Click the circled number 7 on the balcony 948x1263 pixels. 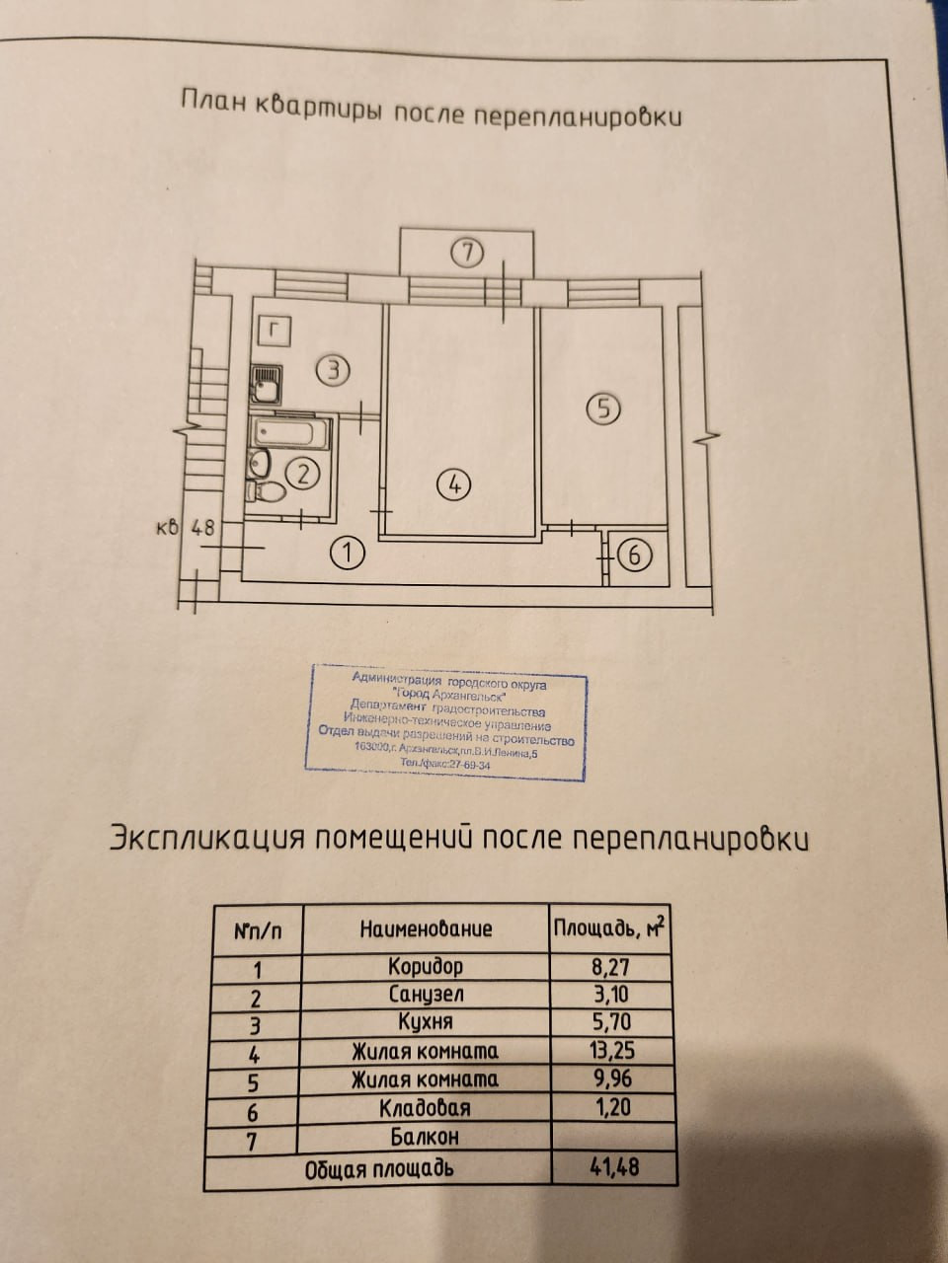(467, 253)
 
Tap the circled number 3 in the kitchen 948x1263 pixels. (334, 371)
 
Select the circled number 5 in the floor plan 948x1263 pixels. (603, 408)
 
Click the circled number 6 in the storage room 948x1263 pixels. (633, 556)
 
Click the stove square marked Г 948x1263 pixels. (275, 330)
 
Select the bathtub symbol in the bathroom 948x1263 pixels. (290, 432)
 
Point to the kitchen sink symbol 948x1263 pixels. (265, 385)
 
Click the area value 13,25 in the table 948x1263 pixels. (612, 1050)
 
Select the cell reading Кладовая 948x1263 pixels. (425, 1108)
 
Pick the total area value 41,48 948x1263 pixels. (613, 1167)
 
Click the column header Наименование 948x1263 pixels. (426, 929)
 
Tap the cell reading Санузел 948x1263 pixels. (425, 994)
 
